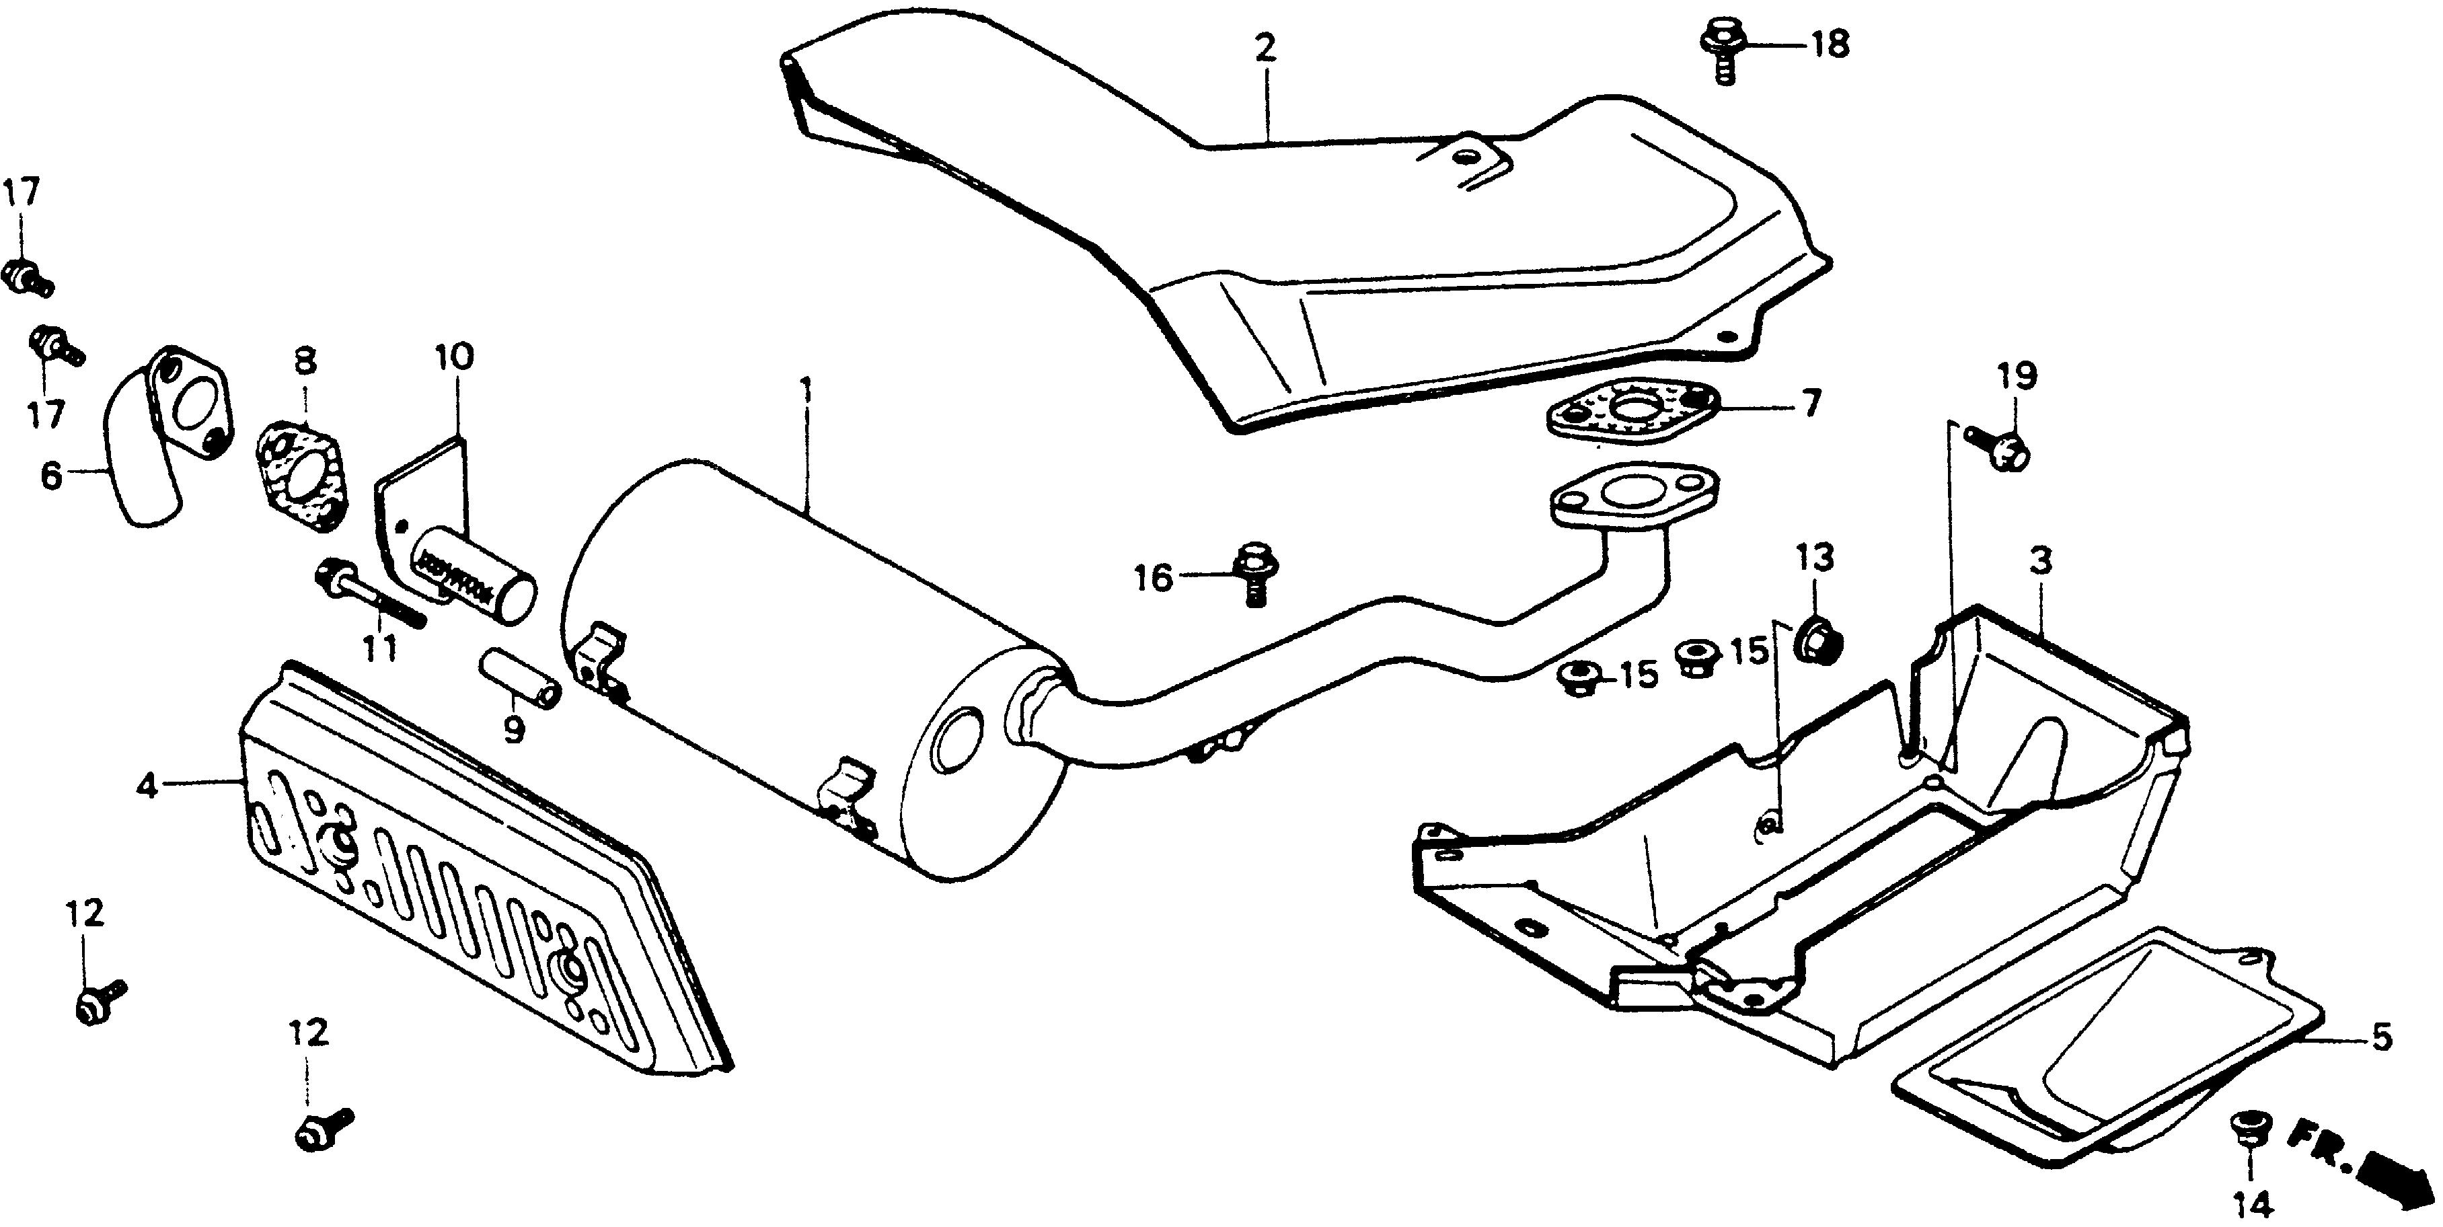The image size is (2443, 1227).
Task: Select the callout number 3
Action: pyautogui.click(x=2040, y=562)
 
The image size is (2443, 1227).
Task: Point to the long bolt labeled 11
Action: pyautogui.click(x=370, y=593)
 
